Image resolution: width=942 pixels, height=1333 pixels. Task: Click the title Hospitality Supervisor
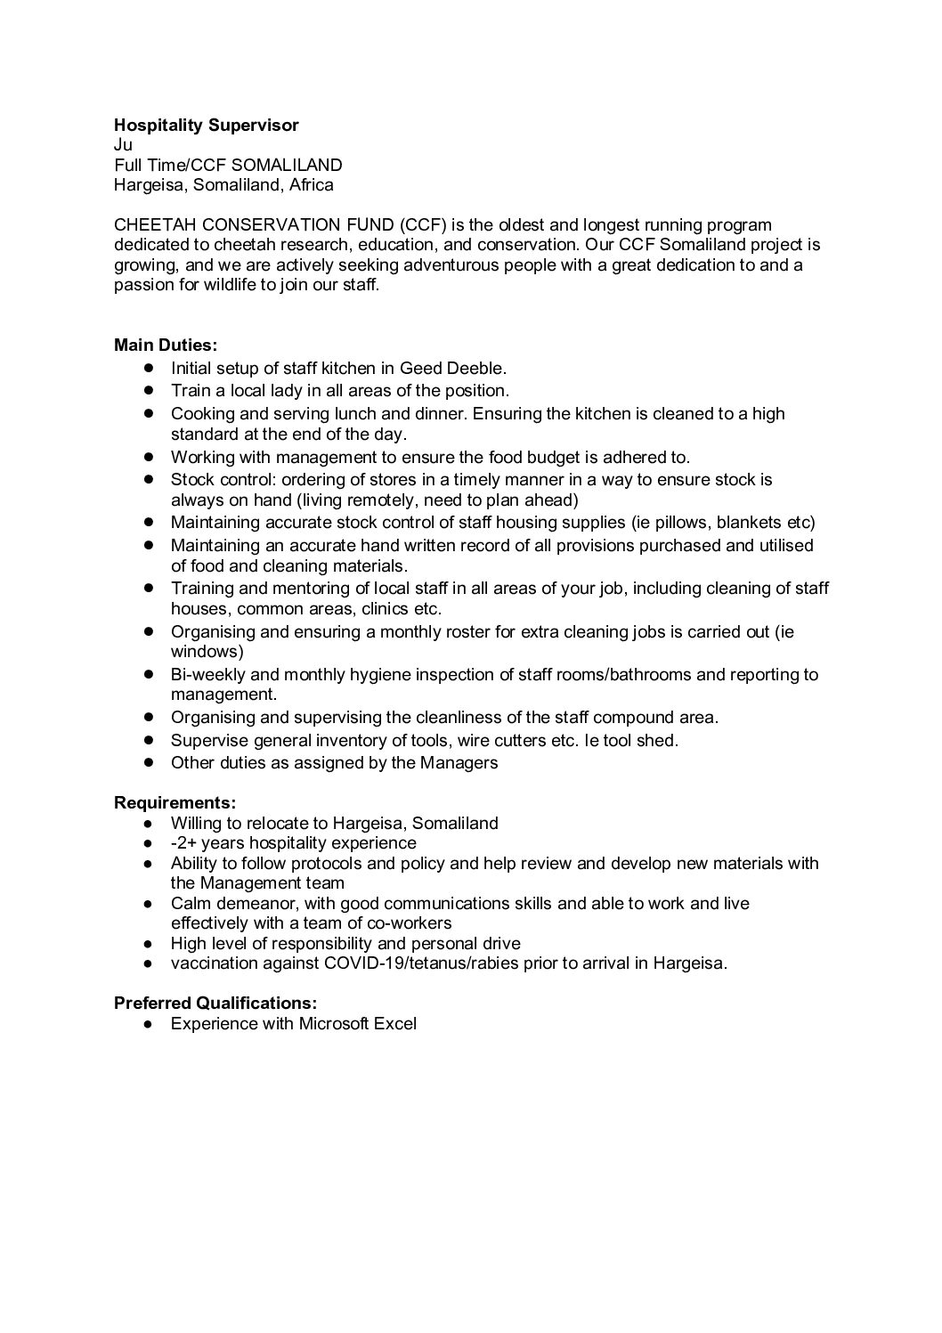tap(206, 126)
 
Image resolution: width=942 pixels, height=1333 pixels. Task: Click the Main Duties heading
tap(166, 345)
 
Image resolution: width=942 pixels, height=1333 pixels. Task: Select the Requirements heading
tap(175, 802)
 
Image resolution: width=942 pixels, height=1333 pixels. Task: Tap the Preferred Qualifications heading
tap(215, 1003)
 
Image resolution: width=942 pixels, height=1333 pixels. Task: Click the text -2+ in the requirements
tap(184, 842)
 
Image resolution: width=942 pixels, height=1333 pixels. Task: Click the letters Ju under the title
tap(123, 145)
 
